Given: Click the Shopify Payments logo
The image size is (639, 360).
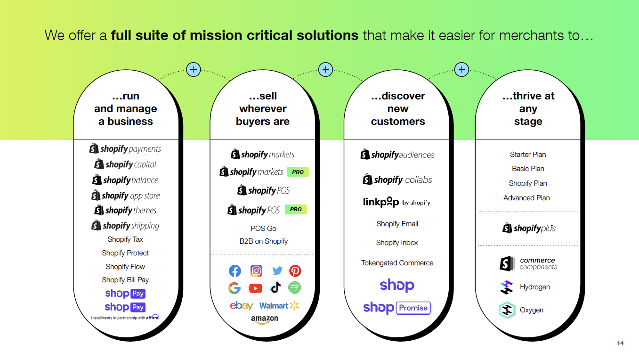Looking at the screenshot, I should (125, 149).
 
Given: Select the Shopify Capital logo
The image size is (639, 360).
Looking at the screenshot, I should (125, 164).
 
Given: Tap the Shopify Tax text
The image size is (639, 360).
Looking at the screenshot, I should (125, 239).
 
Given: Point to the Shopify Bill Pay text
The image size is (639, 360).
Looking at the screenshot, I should (125, 280).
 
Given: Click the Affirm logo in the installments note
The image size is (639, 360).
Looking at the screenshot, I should (152, 317).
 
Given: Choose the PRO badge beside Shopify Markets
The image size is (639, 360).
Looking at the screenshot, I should (298, 172).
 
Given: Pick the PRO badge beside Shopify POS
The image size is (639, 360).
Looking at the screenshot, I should (296, 209).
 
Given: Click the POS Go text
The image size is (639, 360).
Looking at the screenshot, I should (263, 229).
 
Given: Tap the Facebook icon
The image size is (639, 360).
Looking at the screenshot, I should (235, 271).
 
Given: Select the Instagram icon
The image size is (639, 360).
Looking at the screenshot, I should (256, 271).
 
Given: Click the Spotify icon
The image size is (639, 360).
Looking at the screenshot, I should (295, 287).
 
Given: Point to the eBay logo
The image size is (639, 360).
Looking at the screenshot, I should (242, 306).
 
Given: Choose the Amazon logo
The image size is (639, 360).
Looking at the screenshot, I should (264, 319).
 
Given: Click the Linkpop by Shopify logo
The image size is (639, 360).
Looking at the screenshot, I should (396, 202).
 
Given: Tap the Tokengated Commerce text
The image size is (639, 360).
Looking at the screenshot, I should (397, 263).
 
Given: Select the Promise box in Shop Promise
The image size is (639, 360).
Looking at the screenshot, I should (413, 308).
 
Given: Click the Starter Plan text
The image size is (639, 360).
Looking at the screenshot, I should (528, 155).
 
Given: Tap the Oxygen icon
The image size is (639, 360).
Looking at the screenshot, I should (507, 310).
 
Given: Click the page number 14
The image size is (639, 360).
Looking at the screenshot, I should (620, 344).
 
